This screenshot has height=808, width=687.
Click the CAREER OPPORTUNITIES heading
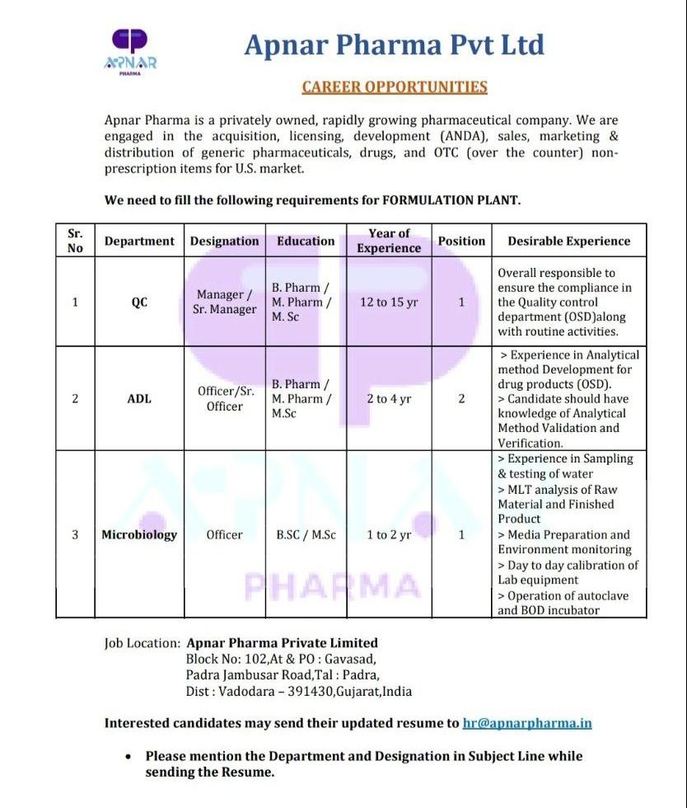[x=395, y=87]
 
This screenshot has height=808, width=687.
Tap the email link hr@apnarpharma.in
[x=527, y=723]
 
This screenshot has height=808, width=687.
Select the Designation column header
[x=224, y=241]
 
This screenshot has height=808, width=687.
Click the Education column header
[x=306, y=241]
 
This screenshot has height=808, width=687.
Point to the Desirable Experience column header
[x=569, y=241]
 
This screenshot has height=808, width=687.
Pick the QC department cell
[x=139, y=302]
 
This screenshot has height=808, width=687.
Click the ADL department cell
[x=139, y=398]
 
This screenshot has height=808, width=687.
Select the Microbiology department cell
[x=139, y=534]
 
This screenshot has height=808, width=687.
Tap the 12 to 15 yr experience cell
[x=389, y=302]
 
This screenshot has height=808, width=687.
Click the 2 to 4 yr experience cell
[x=389, y=398]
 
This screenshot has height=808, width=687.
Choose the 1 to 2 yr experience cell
[x=389, y=534]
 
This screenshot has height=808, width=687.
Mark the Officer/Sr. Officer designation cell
[x=224, y=398]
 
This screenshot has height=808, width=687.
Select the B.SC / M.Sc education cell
[x=306, y=534]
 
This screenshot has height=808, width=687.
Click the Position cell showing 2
[x=461, y=398]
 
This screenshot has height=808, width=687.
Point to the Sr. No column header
[x=75, y=241]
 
